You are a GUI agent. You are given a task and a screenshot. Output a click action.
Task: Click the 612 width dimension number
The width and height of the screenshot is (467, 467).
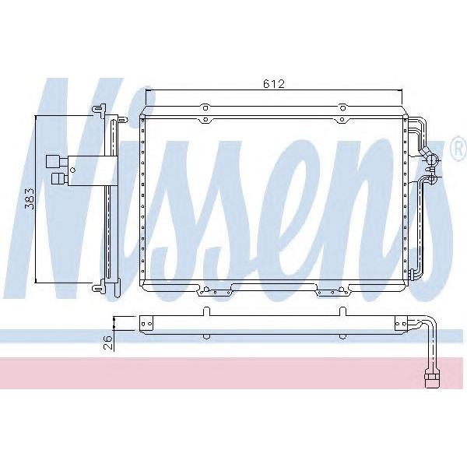272,84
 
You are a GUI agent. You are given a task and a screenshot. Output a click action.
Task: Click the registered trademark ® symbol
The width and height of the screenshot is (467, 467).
457,147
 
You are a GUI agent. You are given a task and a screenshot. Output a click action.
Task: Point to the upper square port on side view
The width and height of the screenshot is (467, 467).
53,161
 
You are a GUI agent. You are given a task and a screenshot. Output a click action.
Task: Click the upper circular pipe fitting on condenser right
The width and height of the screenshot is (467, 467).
434,160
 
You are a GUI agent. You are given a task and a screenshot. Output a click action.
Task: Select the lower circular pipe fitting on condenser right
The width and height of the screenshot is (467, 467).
434,181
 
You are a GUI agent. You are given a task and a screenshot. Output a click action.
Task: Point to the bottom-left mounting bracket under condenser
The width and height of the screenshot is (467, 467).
215,292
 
